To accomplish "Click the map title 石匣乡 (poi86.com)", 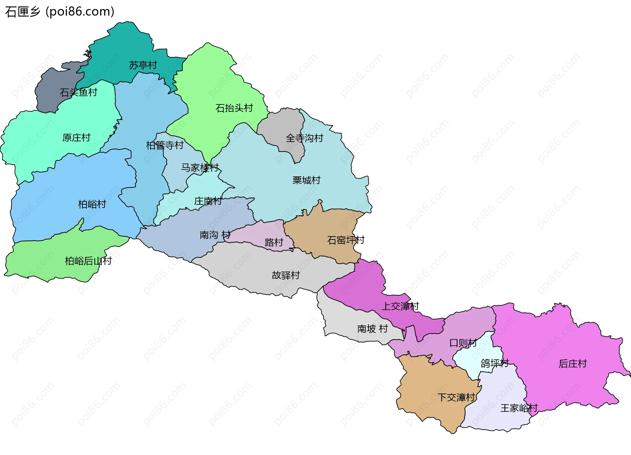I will point(59,12).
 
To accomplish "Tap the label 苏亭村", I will point(143,65).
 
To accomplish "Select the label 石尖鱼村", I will point(79,92).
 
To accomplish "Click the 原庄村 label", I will point(76,138).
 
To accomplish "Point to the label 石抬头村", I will point(234,108).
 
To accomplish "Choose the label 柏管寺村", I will point(165,145).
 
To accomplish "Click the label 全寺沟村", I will point(304,138).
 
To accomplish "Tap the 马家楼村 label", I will point(199,168).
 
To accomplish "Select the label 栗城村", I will point(306,180).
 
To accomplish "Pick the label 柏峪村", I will point(92,205).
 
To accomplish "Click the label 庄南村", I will point(208,201).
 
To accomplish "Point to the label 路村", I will point(274,242).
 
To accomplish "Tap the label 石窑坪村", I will point(346,240).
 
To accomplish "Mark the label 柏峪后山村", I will point(88,261).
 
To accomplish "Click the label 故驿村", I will point(286,275).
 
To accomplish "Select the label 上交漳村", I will point(400,307).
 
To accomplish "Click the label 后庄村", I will point(573,364).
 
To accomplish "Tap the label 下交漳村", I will point(456,398).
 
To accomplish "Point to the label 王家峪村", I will point(519,408).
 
